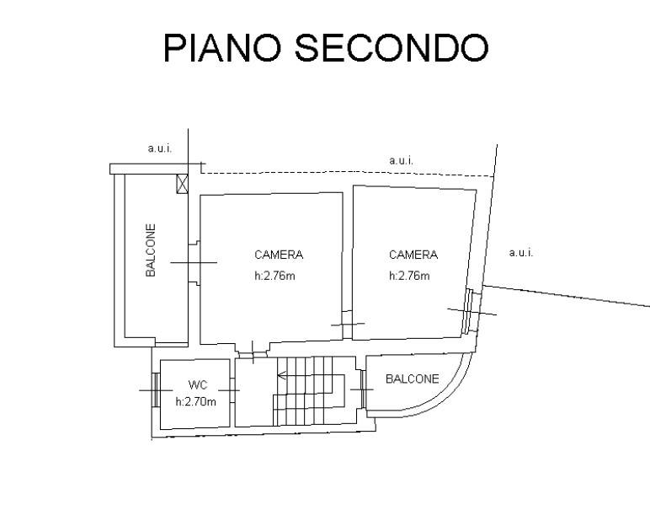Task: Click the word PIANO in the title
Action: click(x=222, y=48)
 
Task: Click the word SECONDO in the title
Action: click(x=392, y=48)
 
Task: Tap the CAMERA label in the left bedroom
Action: click(x=279, y=255)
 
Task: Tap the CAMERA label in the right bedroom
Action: click(x=413, y=255)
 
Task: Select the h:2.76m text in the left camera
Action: click(x=274, y=276)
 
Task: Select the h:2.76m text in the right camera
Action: click(x=409, y=276)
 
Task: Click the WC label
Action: click(x=198, y=384)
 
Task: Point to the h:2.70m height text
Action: click(x=195, y=401)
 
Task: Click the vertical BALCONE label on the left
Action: click(x=151, y=250)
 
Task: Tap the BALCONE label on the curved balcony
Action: click(x=412, y=379)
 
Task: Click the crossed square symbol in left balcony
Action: click(x=182, y=184)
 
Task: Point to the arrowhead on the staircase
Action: click(x=281, y=376)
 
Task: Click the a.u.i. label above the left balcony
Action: click(x=160, y=148)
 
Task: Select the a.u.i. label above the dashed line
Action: click(x=401, y=160)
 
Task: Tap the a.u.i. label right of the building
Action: click(x=521, y=252)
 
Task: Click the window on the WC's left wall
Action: click(x=156, y=389)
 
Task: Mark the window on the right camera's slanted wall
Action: click(x=468, y=311)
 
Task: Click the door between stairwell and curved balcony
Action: click(x=363, y=389)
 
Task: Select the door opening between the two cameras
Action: click(x=348, y=325)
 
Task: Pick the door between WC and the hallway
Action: click(x=232, y=389)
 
